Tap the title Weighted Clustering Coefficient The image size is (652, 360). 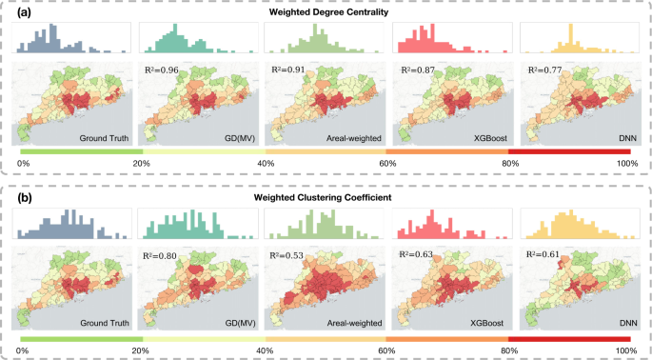click(x=326, y=197)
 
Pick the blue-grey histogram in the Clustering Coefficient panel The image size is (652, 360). click(x=70, y=225)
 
